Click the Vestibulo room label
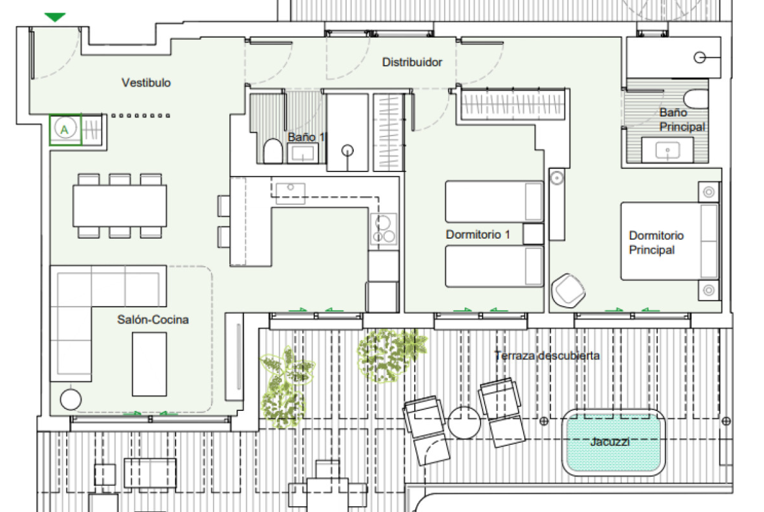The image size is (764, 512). pyautogui.click(x=146, y=83)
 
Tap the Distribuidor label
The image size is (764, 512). pyautogui.click(x=412, y=63)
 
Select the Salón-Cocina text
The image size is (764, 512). pyautogui.click(x=153, y=320)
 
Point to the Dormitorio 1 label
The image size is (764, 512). pyautogui.click(x=478, y=235)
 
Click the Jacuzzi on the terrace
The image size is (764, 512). pyautogui.click(x=613, y=442)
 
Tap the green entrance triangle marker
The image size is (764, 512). pyautogui.click(x=55, y=18)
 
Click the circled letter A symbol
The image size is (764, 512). pyautogui.click(x=65, y=129)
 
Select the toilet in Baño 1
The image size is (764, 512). pyautogui.click(x=272, y=151)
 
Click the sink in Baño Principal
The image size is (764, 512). pyautogui.click(x=667, y=150)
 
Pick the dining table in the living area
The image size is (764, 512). pyautogui.click(x=119, y=205)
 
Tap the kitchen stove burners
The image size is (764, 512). pyautogui.click(x=383, y=229)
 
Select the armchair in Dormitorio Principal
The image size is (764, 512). pyautogui.click(x=567, y=290)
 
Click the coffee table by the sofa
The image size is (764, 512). pyautogui.click(x=149, y=364)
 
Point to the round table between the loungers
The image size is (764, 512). pyautogui.click(x=464, y=423)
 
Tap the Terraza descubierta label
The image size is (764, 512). pyautogui.click(x=547, y=355)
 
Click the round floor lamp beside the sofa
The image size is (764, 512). pyautogui.click(x=71, y=400)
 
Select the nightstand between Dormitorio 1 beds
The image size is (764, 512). pyautogui.click(x=533, y=234)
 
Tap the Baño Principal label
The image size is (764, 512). pyautogui.click(x=682, y=120)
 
